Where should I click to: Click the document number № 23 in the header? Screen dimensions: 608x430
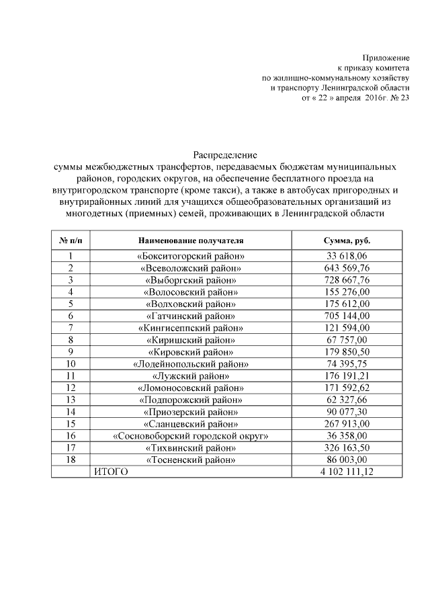[x=397, y=97]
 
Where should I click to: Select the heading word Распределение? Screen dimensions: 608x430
[x=220, y=155]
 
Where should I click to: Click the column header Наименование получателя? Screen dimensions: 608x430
[x=191, y=240]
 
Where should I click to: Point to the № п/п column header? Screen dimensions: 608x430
[x=70, y=240]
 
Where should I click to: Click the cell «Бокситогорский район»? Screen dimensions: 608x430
[x=191, y=256]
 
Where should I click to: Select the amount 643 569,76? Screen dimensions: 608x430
[x=347, y=268]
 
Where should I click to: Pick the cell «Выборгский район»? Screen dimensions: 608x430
[x=191, y=280]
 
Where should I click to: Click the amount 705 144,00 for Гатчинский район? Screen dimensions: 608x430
[x=347, y=316]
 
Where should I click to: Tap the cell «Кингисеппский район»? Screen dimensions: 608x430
[x=191, y=328]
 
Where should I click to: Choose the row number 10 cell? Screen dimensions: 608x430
[x=70, y=364]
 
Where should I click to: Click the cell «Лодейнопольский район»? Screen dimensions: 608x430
[x=191, y=364]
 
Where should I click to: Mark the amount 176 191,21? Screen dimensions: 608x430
[x=347, y=376]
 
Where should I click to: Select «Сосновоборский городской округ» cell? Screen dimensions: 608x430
[x=191, y=436]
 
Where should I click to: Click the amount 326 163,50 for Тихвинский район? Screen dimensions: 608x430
[x=347, y=448]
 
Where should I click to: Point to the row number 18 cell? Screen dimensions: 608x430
[x=70, y=460]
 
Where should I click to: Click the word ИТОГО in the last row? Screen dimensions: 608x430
[x=110, y=472]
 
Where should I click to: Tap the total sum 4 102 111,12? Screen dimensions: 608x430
[x=347, y=472]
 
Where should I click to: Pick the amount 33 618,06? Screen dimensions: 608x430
[x=347, y=256]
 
